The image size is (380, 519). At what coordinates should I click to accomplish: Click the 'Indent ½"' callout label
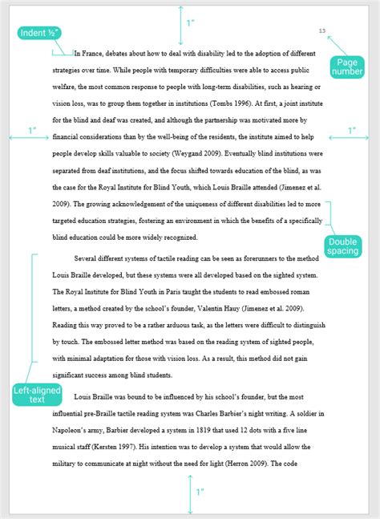[x=38, y=33]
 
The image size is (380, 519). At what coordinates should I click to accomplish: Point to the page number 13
[x=321, y=31]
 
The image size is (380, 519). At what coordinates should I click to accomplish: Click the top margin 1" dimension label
[x=190, y=23]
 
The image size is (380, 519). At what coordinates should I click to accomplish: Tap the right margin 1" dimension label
[x=350, y=130]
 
